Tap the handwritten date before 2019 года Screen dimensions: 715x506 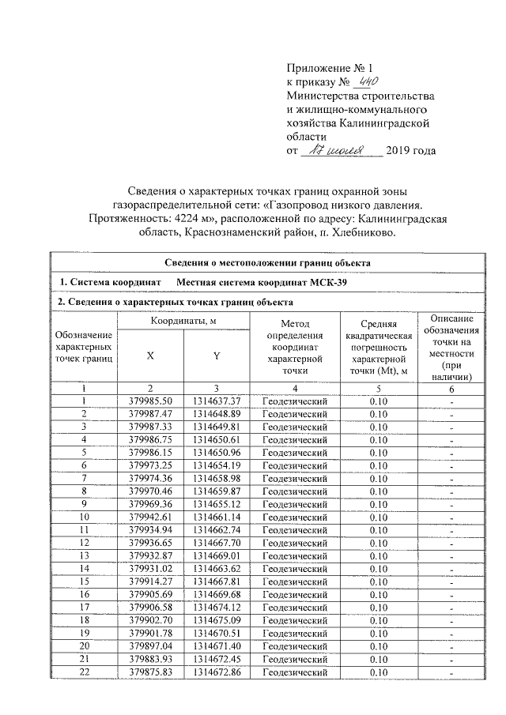(342, 149)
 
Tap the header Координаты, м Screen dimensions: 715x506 (183, 321)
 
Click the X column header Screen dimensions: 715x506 (150, 356)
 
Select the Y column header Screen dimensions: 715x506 (216, 356)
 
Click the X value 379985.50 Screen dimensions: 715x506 (150, 401)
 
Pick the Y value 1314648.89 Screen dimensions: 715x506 (216, 414)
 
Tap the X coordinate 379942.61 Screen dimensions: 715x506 (150, 517)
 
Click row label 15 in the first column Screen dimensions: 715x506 (83, 581)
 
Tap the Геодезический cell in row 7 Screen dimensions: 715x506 (294, 478)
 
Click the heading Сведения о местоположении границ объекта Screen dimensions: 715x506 (268, 263)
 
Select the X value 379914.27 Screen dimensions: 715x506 (150, 581)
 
